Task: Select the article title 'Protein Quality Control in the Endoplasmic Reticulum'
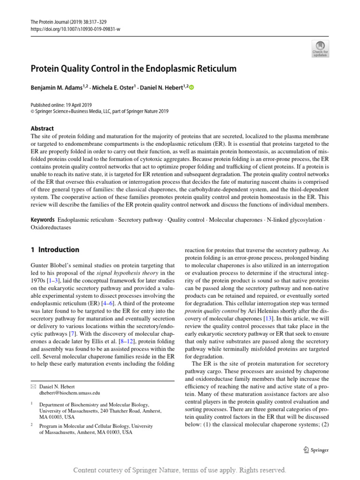134,69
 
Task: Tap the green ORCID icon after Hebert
191,88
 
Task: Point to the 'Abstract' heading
42,128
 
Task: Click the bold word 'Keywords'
43,220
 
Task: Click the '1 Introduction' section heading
55,250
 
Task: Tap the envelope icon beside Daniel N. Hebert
33,386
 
